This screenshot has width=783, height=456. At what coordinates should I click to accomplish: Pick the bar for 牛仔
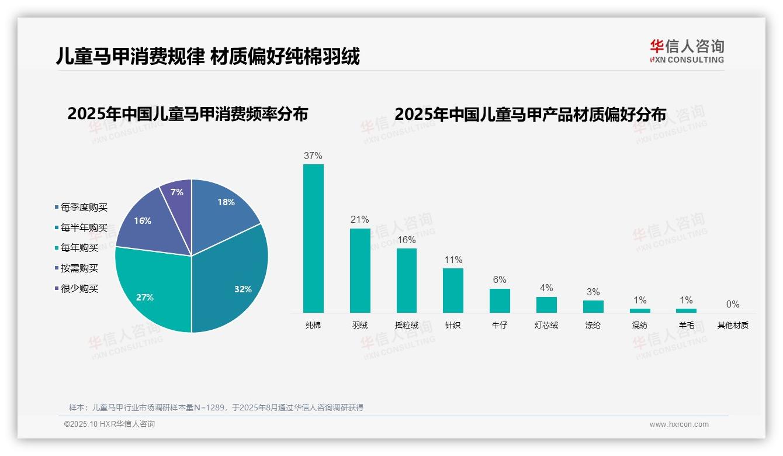500,300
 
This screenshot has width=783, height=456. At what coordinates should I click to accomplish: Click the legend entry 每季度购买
84,208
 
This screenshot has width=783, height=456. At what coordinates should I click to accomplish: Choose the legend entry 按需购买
79,268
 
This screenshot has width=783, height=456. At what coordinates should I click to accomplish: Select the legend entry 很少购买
79,289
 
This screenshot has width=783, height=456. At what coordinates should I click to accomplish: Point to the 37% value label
313,156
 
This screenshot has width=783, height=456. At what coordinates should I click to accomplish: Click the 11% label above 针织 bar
453,260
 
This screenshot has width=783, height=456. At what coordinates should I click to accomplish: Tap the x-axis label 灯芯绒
546,325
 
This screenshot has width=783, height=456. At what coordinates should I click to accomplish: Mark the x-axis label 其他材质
733,325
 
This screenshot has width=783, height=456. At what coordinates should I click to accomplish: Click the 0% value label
733,305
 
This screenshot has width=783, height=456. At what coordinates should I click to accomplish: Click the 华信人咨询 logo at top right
687,51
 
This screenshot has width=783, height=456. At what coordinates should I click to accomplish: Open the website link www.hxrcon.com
679,424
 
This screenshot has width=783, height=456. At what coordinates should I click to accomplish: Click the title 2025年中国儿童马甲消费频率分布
188,114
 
